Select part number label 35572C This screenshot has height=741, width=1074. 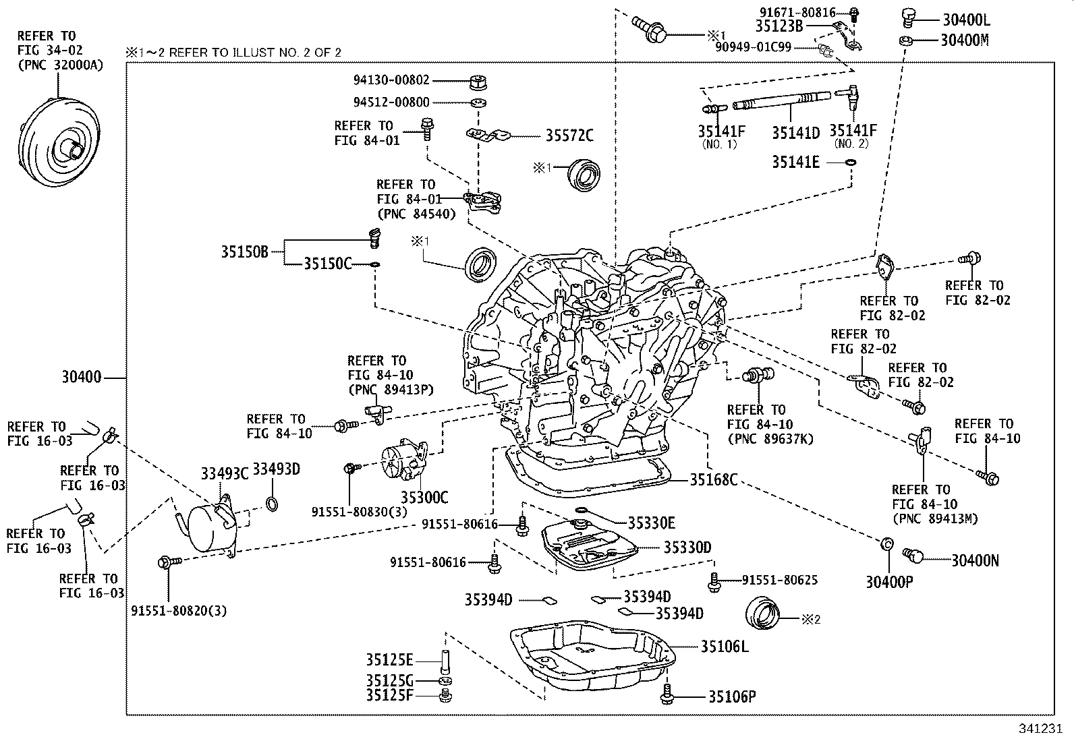(569, 136)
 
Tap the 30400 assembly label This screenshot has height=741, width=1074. (81, 378)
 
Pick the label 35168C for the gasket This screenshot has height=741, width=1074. (713, 480)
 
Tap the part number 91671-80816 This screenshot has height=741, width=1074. (797, 12)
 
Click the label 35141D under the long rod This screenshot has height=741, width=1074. (796, 133)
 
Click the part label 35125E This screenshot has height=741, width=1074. (389, 659)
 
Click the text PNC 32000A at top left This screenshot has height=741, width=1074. (60, 65)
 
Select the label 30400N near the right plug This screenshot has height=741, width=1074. (976, 560)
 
